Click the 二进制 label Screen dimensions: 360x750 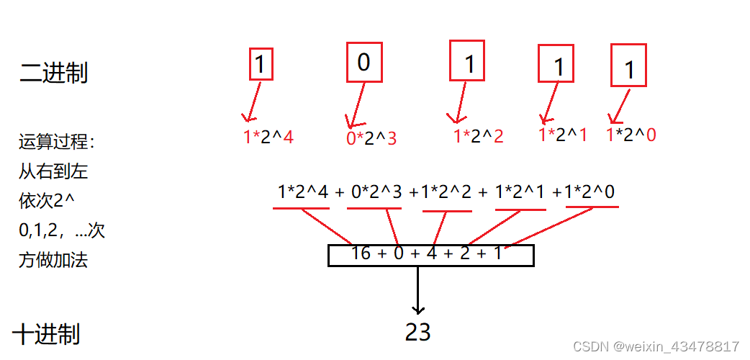tap(53, 73)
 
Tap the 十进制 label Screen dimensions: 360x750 tap(46, 334)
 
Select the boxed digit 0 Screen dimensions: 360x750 tap(363, 63)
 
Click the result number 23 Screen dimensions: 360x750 tap(417, 332)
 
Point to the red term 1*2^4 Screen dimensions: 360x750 tap(268, 137)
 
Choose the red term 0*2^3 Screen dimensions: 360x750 tap(371, 138)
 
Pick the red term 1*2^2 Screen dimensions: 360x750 tap(478, 137)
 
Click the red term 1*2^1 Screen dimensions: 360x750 tap(563, 135)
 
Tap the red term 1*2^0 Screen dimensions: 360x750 tap(631, 135)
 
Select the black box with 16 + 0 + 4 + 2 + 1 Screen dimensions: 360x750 tap(430, 255)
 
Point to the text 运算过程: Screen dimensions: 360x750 tap(57, 142)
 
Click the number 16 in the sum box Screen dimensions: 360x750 tap(361, 253)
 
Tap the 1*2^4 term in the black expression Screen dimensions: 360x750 tap(303, 192)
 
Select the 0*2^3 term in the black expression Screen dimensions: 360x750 tap(377, 192)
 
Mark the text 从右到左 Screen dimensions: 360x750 tap(53, 172)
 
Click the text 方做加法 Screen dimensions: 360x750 tap(53, 260)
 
